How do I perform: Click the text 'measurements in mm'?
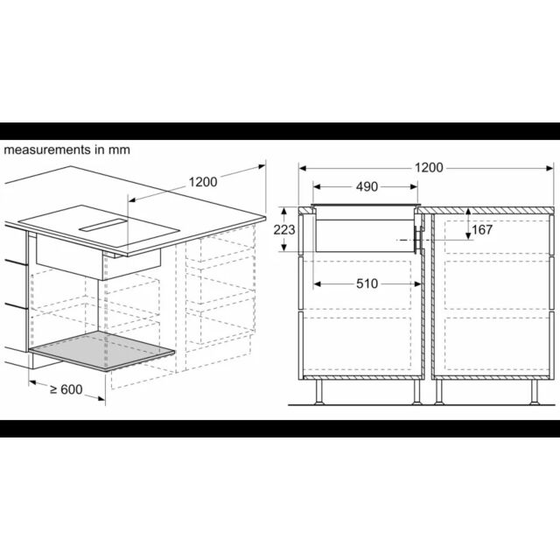[66, 150]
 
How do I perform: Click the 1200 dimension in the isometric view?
[203, 182]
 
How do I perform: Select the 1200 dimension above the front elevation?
[429, 167]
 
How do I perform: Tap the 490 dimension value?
[367, 186]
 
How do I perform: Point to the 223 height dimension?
[284, 229]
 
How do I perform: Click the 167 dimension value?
[482, 229]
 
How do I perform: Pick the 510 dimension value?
[367, 283]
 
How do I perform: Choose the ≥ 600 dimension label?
[66, 389]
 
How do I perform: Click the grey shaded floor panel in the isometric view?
[101, 351]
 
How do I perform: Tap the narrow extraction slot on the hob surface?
[103, 225]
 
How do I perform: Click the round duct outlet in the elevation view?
[418, 240]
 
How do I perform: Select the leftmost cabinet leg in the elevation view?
[319, 392]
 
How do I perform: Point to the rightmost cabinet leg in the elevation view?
[535, 392]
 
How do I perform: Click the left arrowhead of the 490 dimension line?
[317, 186]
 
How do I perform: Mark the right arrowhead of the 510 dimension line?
[418, 284]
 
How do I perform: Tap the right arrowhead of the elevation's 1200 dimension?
[549, 168]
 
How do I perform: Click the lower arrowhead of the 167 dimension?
[468, 235]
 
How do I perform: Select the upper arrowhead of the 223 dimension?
[283, 212]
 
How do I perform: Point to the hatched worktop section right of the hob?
[486, 211]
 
